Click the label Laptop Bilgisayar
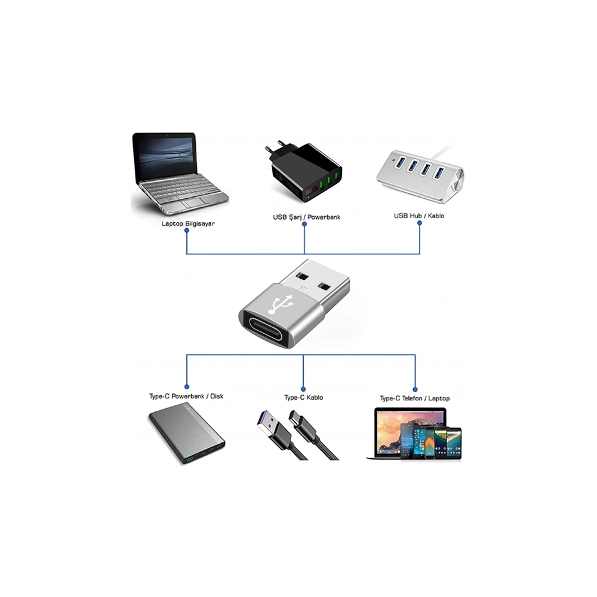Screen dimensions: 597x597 tap(188, 224)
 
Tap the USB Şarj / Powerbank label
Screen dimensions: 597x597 tap(306, 217)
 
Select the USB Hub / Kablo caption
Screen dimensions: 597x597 tap(418, 216)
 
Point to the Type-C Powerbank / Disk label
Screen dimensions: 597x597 tap(186, 396)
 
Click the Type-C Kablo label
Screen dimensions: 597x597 tap(303, 397)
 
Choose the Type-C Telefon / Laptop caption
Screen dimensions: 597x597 tap(414, 398)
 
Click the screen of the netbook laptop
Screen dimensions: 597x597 tap(165, 156)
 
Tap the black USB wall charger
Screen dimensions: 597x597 tap(304, 173)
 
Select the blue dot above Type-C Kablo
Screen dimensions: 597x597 tap(303, 387)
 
